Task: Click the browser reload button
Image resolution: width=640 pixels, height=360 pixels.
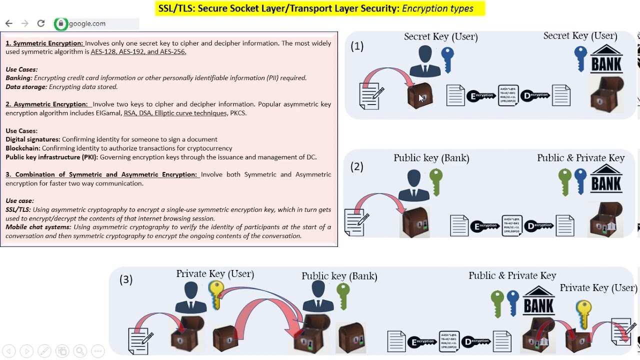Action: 41,23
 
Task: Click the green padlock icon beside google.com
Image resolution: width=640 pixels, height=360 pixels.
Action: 61,23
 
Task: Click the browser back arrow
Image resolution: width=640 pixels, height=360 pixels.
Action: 9,23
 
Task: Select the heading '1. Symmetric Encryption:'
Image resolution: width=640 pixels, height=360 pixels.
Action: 44,43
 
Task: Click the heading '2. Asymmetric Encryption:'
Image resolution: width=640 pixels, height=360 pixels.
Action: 47,104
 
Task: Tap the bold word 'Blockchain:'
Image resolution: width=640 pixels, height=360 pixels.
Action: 23,148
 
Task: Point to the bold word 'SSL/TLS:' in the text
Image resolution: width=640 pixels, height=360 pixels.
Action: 18,210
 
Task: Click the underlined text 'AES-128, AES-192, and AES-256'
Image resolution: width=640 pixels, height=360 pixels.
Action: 138,52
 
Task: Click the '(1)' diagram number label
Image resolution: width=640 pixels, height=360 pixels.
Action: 357,46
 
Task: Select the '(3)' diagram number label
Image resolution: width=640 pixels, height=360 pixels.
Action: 126,279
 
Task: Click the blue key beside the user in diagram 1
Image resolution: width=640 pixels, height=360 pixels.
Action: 447,59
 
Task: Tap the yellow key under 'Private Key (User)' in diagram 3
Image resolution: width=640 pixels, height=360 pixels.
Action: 216,294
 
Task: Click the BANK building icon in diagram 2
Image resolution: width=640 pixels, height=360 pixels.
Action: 606,179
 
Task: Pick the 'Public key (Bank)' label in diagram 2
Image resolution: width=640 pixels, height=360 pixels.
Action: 431,158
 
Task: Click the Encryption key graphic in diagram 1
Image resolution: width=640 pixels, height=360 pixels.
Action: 481,95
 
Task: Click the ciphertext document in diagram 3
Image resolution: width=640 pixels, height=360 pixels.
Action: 449,341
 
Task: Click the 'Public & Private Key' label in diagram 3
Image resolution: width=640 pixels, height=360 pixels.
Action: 512,275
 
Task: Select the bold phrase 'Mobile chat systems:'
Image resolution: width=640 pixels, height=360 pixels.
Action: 38,227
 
